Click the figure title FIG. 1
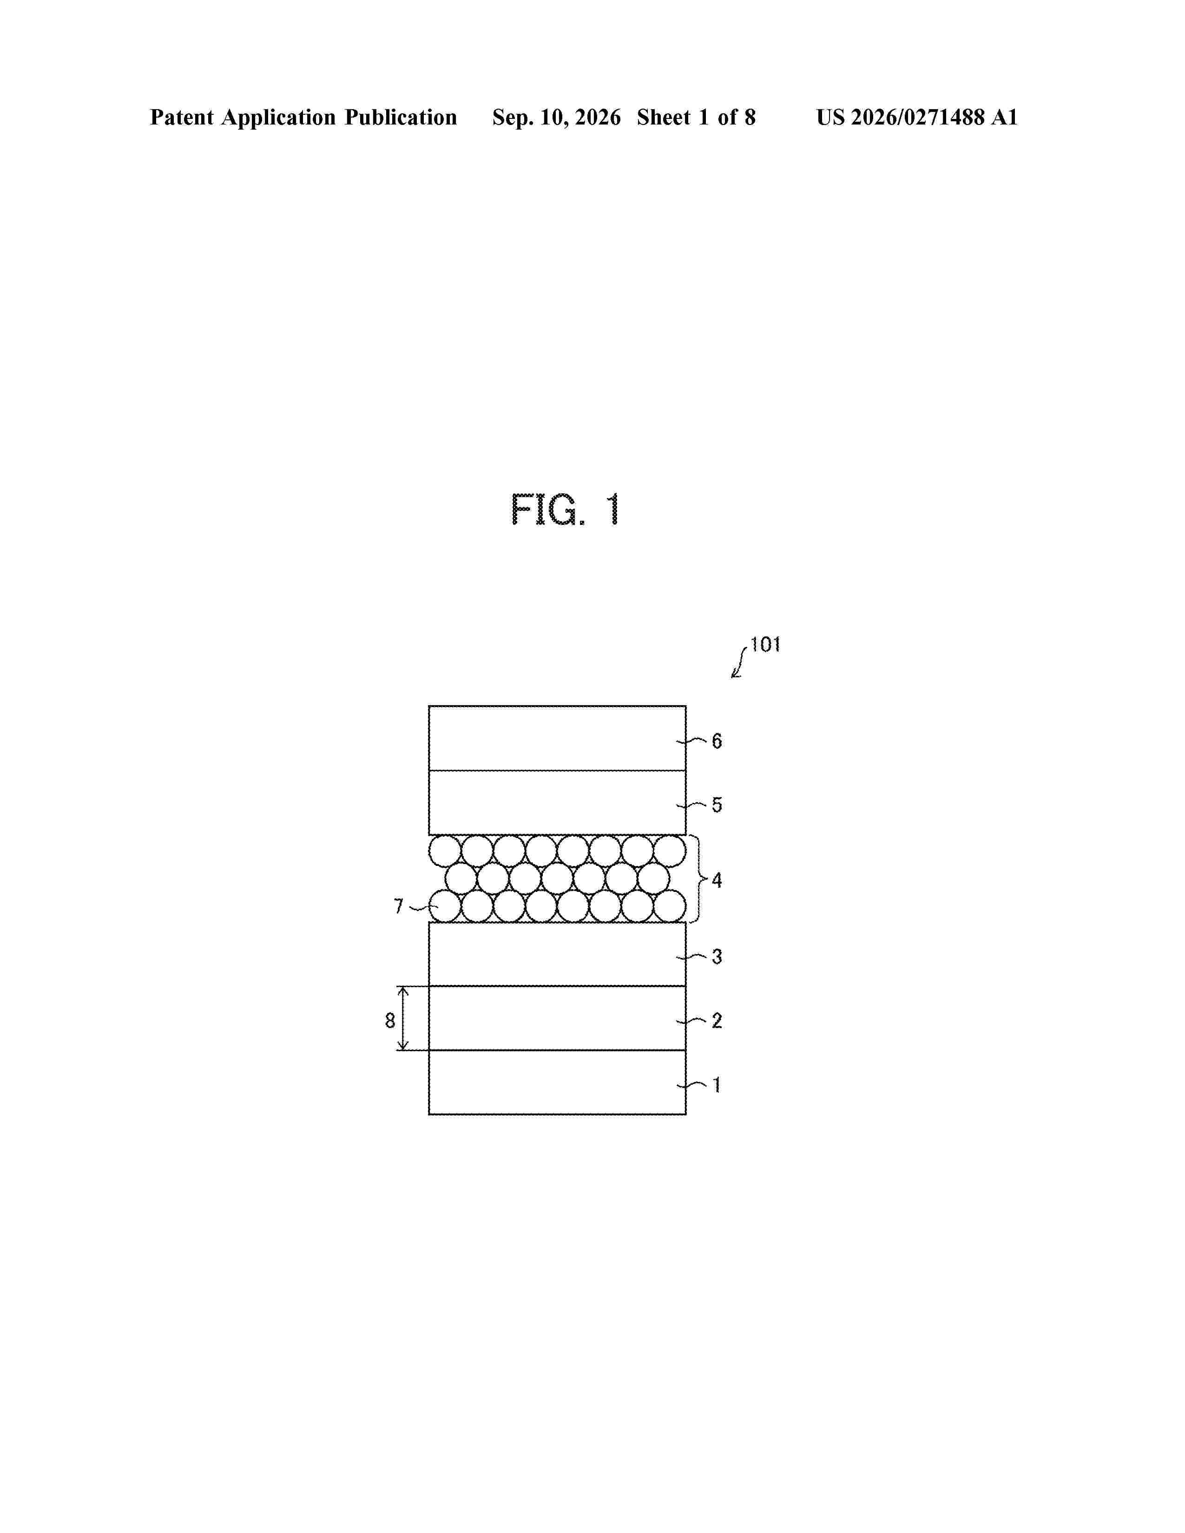pos(566,510)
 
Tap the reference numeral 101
pos(765,644)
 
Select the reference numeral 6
pos(717,741)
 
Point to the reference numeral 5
pos(717,805)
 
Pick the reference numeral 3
pos(717,956)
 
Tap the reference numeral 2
pos(717,1021)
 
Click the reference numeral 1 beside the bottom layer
pos(717,1085)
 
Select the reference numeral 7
pos(399,907)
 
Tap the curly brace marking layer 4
pos(697,879)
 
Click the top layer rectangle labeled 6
pos(557,738)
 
